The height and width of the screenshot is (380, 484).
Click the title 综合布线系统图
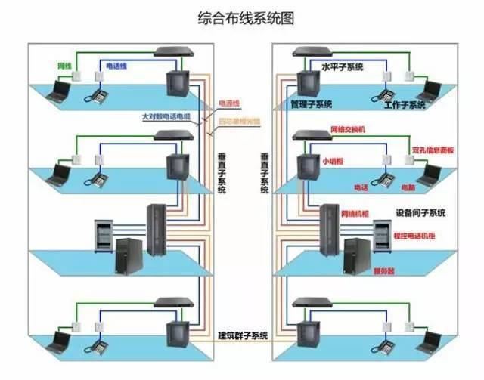click(x=241, y=17)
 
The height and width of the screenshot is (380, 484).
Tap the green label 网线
click(x=65, y=66)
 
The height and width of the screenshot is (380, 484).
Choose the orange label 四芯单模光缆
click(x=238, y=121)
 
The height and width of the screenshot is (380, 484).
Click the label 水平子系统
click(x=343, y=67)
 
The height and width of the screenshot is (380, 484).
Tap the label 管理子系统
click(x=311, y=103)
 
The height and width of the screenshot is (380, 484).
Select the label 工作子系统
click(x=405, y=104)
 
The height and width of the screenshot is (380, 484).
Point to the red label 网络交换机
click(x=348, y=130)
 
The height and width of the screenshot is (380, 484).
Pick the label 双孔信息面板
click(x=433, y=150)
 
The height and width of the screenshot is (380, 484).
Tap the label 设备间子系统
click(x=420, y=212)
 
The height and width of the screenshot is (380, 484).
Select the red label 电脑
click(x=407, y=186)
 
